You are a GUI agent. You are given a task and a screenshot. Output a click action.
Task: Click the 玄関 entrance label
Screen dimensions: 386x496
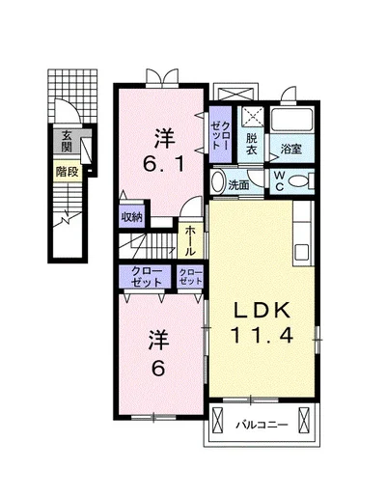67,141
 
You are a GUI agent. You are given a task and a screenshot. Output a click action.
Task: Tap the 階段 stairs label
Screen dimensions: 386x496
68,172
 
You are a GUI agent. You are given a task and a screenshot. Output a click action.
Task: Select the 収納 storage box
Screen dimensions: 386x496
131,217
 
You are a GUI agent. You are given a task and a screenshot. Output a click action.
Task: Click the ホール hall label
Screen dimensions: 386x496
190,240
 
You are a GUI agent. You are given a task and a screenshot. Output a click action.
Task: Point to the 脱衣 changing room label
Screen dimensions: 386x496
252,145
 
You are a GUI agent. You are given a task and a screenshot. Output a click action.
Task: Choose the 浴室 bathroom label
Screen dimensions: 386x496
291,149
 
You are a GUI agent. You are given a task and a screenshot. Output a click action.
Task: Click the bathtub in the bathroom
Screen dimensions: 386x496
291,120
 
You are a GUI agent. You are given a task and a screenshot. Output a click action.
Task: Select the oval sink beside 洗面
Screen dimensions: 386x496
218,182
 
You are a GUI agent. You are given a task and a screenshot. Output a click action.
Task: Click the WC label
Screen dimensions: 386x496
279,181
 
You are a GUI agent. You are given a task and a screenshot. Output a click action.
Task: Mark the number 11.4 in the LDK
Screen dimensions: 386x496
262,335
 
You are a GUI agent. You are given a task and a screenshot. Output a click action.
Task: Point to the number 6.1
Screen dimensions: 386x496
163,165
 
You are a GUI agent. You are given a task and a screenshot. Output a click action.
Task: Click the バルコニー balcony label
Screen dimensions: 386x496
262,426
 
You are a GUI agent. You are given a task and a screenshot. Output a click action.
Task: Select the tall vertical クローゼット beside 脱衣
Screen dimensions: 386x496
220,134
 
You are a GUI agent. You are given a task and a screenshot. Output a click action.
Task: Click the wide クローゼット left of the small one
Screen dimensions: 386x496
145,277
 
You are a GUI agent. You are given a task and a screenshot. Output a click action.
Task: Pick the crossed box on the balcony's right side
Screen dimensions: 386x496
304,421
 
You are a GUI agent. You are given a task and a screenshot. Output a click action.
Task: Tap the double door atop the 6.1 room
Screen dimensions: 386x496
162,77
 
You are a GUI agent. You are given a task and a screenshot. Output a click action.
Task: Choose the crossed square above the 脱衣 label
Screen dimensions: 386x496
253,117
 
